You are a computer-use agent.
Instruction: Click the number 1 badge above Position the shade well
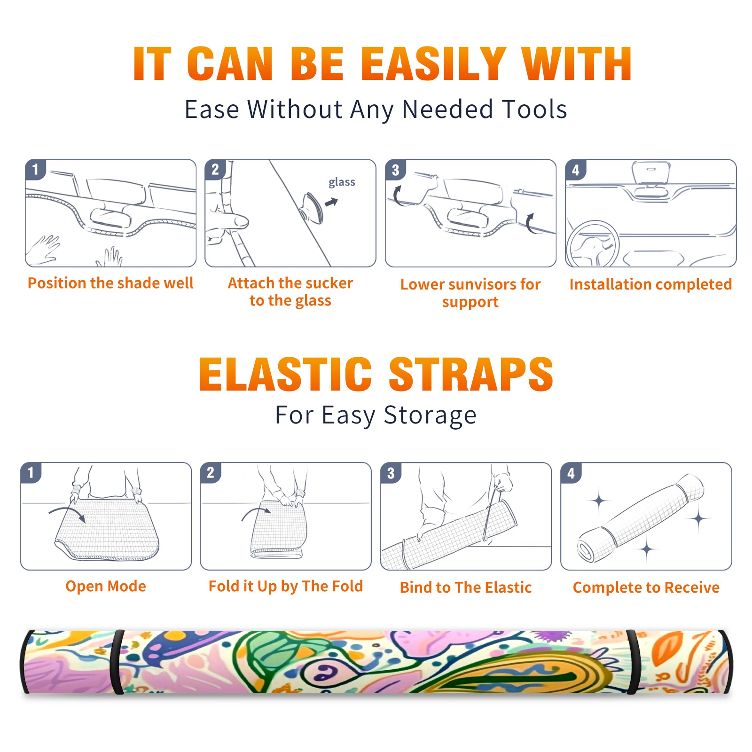(x=35, y=169)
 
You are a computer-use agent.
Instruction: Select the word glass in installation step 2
(x=342, y=182)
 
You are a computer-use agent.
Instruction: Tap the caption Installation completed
(x=650, y=284)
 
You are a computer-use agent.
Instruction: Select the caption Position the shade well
(x=110, y=283)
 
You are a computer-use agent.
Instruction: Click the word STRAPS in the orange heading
(x=471, y=374)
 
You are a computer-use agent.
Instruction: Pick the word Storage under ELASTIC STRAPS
(x=430, y=416)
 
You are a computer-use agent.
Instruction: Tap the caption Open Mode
(x=106, y=586)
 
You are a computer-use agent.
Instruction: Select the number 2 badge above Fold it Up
(x=211, y=472)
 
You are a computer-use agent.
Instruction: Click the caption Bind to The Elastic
(x=466, y=587)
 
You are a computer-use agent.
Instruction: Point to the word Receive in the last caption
(x=692, y=587)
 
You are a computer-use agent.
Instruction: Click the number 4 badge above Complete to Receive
(x=571, y=472)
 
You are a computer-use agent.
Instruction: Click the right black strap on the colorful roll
(x=632, y=662)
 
